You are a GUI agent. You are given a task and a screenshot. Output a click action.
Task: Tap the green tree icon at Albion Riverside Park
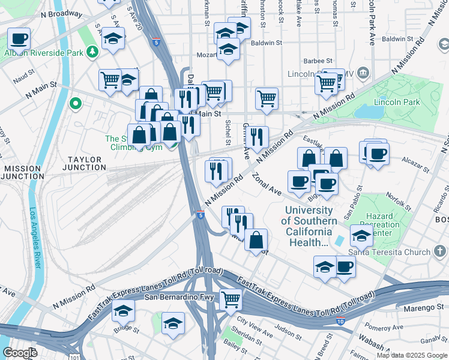92,52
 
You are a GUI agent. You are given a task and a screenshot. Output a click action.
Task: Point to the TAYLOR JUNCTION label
86,164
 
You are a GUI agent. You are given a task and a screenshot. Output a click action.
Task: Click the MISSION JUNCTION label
21,173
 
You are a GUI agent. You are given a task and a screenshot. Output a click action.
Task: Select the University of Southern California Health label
309,226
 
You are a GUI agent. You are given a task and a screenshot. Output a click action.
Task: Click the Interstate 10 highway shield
340,322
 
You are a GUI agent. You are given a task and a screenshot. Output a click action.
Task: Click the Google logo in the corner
20,352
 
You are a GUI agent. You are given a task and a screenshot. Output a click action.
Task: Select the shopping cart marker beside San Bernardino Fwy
231,299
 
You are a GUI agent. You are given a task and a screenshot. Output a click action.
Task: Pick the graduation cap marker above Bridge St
123,310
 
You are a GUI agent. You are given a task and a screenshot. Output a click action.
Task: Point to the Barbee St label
318,61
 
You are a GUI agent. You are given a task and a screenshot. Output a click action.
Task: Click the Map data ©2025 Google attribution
411,355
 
